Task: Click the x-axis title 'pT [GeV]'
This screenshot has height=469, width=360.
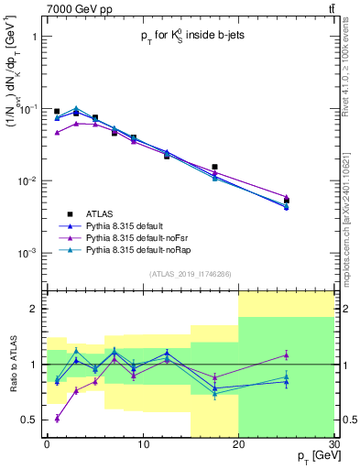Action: click(312, 455)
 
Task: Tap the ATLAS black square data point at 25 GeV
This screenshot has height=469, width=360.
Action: click(286, 201)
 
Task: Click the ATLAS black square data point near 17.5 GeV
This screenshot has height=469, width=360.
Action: click(214, 167)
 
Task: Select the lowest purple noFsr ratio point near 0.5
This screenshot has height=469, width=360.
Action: click(57, 419)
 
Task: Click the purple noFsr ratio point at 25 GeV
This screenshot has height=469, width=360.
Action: click(286, 355)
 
